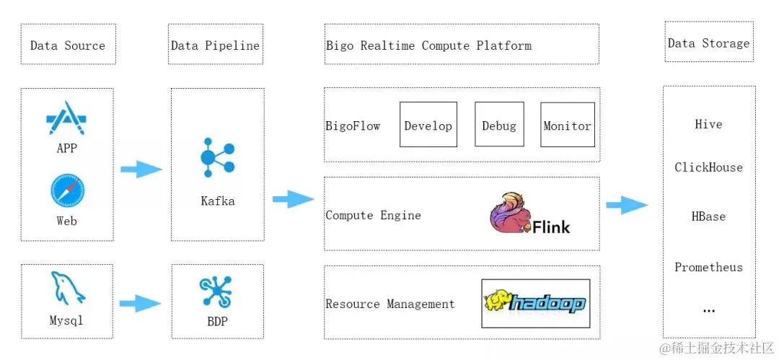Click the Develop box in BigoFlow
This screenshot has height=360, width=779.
pos(428,125)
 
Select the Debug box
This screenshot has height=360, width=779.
pos(499,125)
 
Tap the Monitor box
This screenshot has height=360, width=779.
pos(567,125)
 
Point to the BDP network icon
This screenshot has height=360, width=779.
pos(216,290)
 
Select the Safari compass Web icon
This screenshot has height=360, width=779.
pos(67,190)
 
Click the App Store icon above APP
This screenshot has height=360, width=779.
pos(66,116)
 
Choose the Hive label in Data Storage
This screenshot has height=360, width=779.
pos(708,124)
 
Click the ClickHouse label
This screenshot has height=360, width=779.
pos(708,167)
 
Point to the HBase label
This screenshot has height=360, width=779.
pos(708,216)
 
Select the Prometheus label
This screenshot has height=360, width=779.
pos(708,267)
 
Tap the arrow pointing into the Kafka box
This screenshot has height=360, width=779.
pos(141,170)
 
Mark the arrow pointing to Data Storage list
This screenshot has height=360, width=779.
pos(627,206)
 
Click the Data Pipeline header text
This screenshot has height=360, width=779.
pos(215,45)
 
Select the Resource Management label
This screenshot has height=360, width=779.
pos(390,304)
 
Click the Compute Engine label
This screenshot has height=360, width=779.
pos(373,215)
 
